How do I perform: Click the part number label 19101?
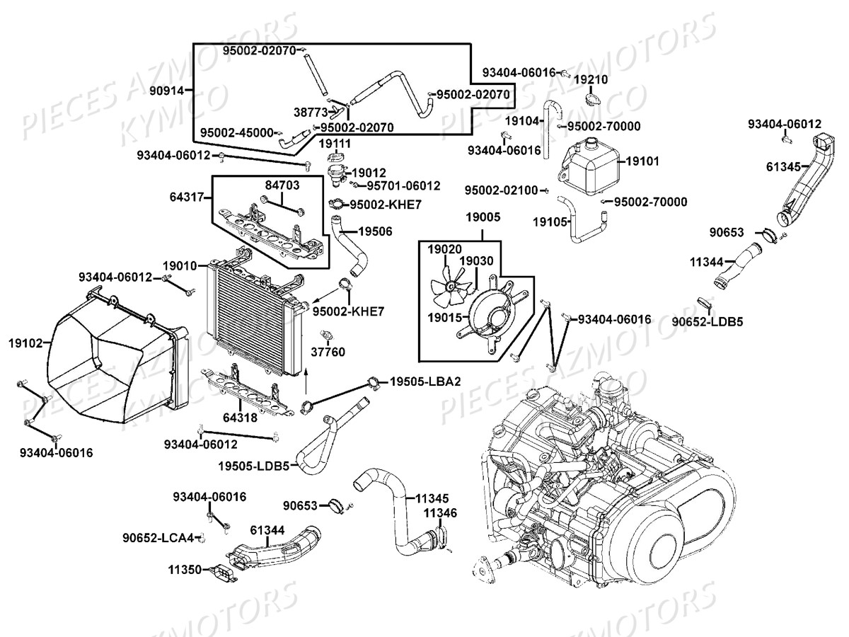[x=643, y=161]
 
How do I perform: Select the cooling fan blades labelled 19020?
[x=449, y=284]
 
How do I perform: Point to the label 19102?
[x=25, y=343]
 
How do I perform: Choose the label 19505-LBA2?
[x=424, y=382]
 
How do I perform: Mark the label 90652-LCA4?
[x=157, y=538]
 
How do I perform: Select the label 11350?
[x=185, y=569]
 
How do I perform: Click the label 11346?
[x=440, y=513]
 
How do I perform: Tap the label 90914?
[x=167, y=91]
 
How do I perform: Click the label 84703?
[x=282, y=185]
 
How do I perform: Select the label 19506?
[x=375, y=231]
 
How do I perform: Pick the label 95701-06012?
[x=403, y=185]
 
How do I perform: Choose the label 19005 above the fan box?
[x=482, y=219]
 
